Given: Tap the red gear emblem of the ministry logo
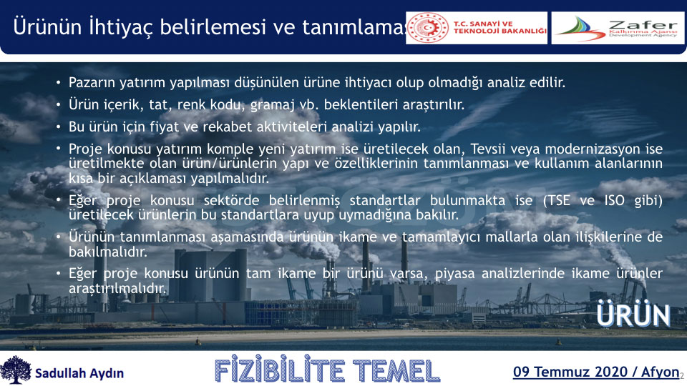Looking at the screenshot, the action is pyautogui.click(x=428, y=28).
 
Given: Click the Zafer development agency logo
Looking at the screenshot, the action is pyautogui.click(x=618, y=28).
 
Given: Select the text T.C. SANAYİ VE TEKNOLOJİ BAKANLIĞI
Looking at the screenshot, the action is pyautogui.click(x=500, y=28).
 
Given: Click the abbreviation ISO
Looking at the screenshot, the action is pyautogui.click(x=614, y=200).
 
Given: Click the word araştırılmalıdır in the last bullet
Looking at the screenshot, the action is pyautogui.click(x=117, y=288).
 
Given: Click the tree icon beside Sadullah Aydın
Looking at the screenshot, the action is pyautogui.click(x=16, y=370).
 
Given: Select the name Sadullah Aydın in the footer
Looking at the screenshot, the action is pyautogui.click(x=79, y=373).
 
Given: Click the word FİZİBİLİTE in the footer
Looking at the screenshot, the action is pyautogui.click(x=280, y=371).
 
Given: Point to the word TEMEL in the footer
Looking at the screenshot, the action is pyautogui.click(x=396, y=371).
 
